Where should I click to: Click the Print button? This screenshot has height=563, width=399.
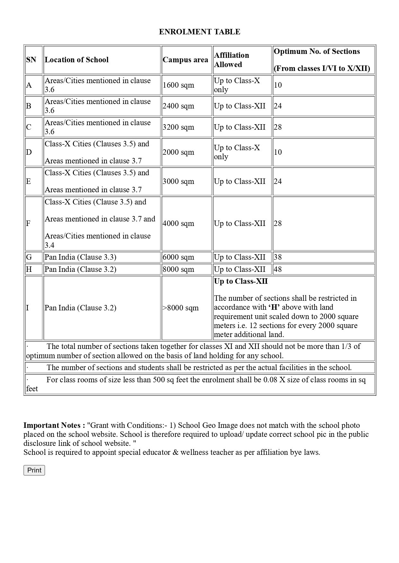point(34,470)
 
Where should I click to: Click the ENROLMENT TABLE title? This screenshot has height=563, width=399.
point(199,32)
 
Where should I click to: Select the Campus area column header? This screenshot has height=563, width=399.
point(185,60)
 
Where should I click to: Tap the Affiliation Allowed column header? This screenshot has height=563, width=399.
point(232,60)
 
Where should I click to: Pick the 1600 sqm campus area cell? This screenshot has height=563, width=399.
point(178,85)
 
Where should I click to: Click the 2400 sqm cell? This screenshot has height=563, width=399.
point(178,106)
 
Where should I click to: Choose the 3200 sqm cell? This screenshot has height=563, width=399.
point(178,127)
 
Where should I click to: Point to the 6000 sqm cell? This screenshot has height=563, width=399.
point(178,257)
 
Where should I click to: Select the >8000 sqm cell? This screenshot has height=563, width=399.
point(181,308)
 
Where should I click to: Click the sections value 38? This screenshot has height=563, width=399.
point(278,257)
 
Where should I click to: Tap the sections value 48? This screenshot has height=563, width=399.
point(278,269)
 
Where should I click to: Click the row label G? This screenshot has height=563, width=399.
point(29,257)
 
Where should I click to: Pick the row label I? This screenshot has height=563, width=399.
point(28,308)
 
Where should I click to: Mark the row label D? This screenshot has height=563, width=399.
point(29,152)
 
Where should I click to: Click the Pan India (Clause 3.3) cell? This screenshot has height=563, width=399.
point(80,257)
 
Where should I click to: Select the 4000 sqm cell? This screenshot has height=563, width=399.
point(178,223)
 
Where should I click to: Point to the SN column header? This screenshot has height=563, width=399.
point(31,60)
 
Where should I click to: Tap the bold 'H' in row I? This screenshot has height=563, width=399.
point(274,307)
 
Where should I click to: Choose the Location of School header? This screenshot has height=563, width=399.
point(76,60)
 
